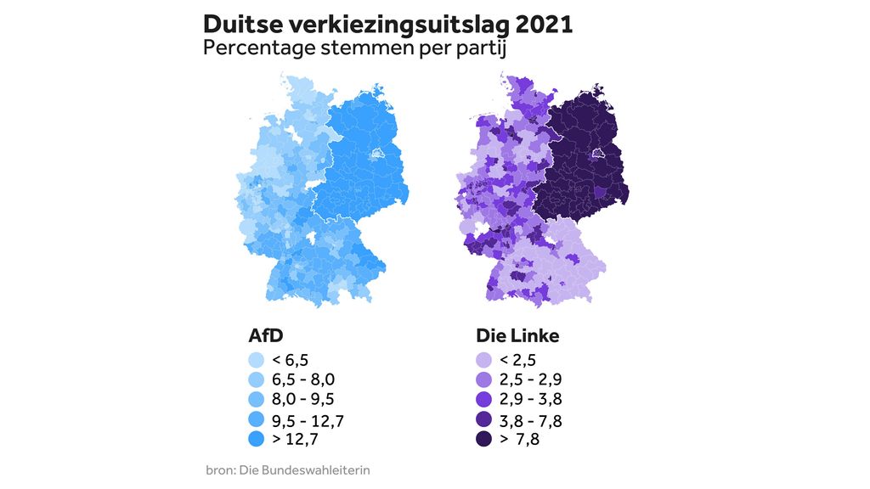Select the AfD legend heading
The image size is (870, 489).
(261, 335)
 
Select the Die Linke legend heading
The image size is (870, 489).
(517, 335)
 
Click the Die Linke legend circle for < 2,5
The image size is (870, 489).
(484, 359)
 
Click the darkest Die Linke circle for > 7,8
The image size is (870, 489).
(484, 439)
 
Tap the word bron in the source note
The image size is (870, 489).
(218, 469)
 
